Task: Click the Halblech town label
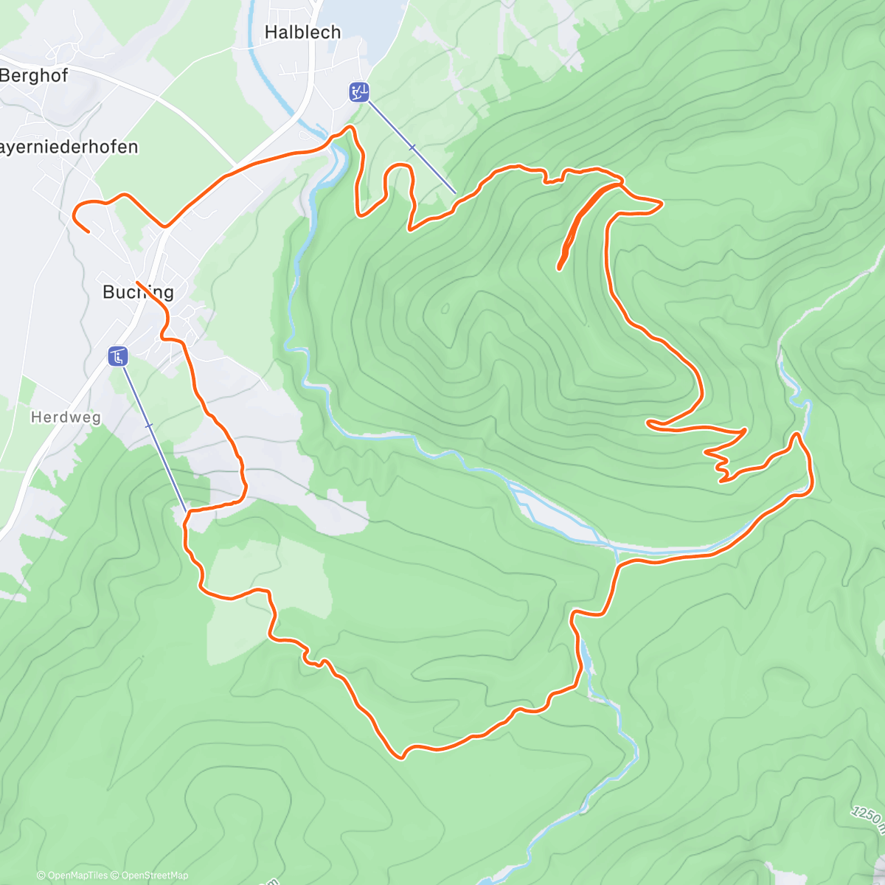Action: (x=302, y=32)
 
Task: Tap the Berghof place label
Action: (x=34, y=75)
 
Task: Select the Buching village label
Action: (x=138, y=292)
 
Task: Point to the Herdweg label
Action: (x=66, y=417)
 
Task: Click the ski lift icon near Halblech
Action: (x=358, y=92)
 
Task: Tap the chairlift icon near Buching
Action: (x=118, y=357)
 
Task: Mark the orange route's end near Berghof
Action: (x=88, y=232)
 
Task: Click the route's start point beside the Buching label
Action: (x=138, y=282)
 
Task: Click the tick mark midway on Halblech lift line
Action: (x=412, y=148)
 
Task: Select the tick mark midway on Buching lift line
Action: (x=150, y=426)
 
